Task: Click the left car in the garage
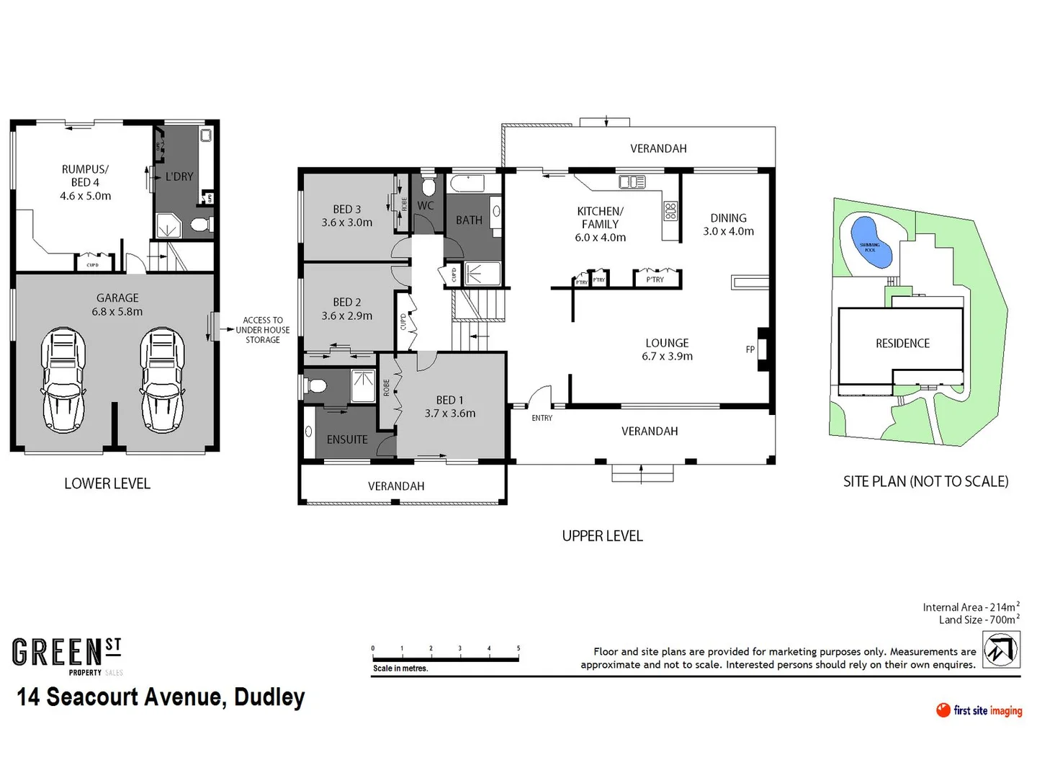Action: pyautogui.click(x=63, y=380)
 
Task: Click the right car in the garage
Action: pyautogui.click(x=162, y=380)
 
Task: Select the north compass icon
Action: pyautogui.click(x=1001, y=650)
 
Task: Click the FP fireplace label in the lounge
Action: pyautogui.click(x=750, y=349)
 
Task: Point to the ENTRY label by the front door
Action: pyautogui.click(x=542, y=418)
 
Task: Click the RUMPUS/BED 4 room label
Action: pyautogui.click(x=85, y=182)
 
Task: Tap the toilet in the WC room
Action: pyautogui.click(x=428, y=185)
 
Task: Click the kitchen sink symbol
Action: pyautogui.click(x=632, y=182)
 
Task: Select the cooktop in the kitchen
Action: pyautogui.click(x=670, y=211)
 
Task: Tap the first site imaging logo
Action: pyautogui.click(x=979, y=710)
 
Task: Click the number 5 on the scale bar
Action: pyautogui.click(x=518, y=648)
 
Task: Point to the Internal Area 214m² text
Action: pyautogui.click(x=971, y=607)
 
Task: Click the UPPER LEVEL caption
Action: pyautogui.click(x=602, y=536)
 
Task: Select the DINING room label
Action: pyautogui.click(x=728, y=224)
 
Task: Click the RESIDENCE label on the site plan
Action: pyautogui.click(x=902, y=344)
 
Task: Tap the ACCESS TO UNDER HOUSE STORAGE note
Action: pyautogui.click(x=262, y=330)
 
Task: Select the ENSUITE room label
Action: pyautogui.click(x=346, y=439)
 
